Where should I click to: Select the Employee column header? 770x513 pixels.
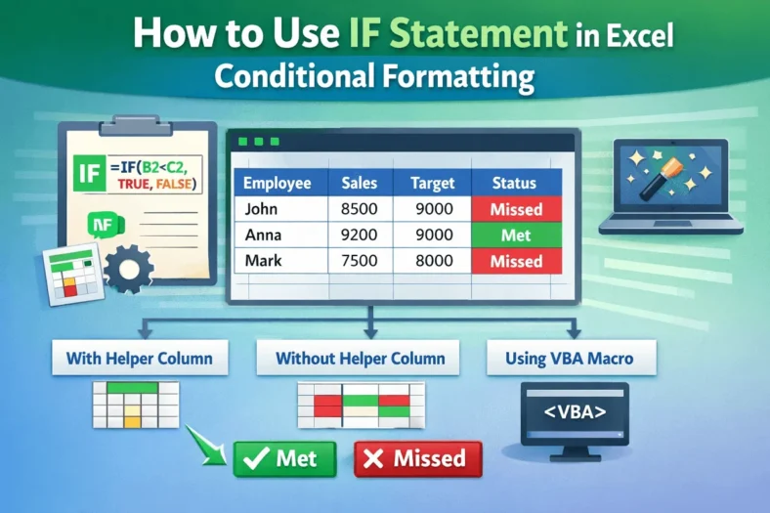277,183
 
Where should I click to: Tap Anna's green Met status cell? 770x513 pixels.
515,235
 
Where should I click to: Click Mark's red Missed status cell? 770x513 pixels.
515,261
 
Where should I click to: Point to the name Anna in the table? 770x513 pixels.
263,235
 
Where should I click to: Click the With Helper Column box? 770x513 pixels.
139,359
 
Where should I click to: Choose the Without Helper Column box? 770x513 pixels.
361,359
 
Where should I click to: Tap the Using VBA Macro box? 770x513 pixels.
569,359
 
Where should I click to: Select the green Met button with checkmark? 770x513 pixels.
283,457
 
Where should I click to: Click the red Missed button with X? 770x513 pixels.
417,457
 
